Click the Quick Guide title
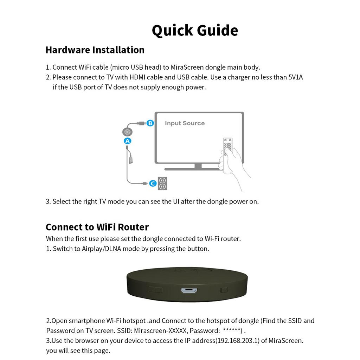[x=195, y=30]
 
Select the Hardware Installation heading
[x=95, y=50]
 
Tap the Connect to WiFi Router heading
[x=97, y=227]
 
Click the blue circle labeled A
[x=127, y=141]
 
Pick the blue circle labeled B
[x=150, y=123]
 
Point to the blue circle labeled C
[x=153, y=183]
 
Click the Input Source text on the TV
[x=185, y=123]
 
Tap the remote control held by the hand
[x=228, y=146]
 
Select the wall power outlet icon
[x=162, y=183]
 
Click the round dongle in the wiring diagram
[x=127, y=132]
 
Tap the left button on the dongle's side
[x=155, y=290]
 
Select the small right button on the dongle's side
[x=224, y=290]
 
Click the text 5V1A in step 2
[x=295, y=77]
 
